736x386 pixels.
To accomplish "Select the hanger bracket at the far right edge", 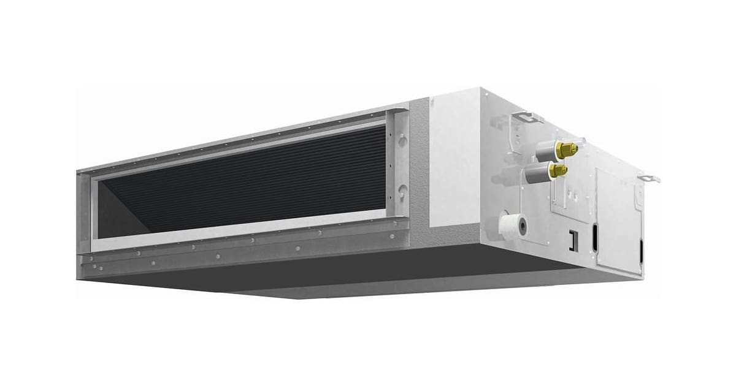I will [649, 178].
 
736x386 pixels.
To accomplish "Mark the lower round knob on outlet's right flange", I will [402, 191].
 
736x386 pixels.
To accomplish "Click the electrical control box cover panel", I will [616, 221].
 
